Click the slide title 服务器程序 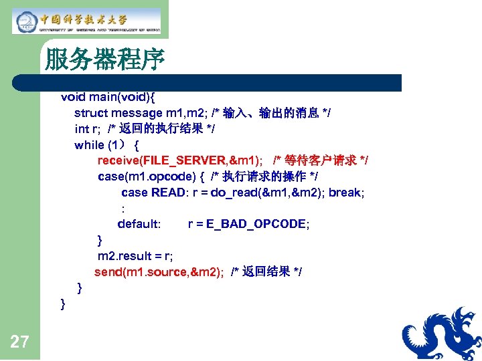point(104,61)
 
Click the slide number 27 point(19,342)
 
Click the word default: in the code point(139,224)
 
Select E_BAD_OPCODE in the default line point(248,224)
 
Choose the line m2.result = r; point(135,256)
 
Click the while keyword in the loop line point(89,144)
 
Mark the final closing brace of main point(63,304)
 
